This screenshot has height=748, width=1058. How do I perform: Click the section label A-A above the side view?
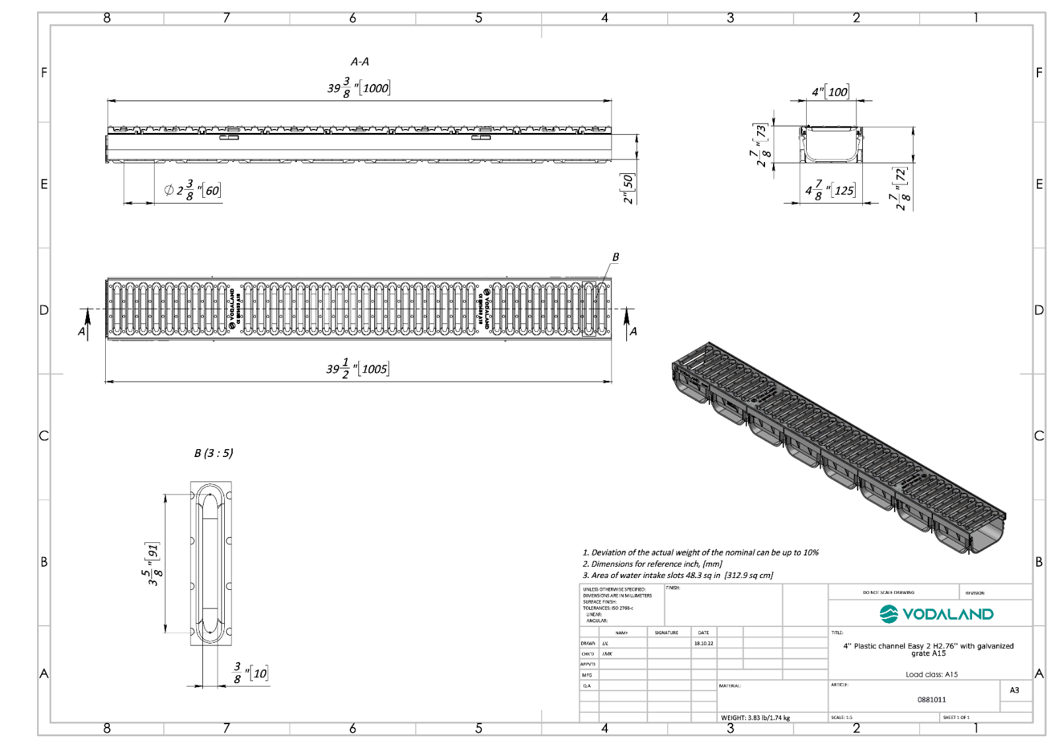(360, 62)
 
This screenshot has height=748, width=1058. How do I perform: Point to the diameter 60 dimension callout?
(192, 190)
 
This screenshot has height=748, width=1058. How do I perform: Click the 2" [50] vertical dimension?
(628, 188)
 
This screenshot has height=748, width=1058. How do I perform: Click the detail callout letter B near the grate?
(616, 257)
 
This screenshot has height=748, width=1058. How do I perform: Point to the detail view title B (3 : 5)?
(214, 453)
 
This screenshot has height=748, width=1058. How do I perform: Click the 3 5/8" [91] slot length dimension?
(153, 563)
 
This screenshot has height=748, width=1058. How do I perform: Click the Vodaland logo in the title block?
(936, 614)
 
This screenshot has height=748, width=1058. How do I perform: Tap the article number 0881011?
(931, 699)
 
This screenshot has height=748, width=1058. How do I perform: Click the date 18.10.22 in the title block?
(704, 643)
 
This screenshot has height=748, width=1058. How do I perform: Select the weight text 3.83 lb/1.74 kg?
(755, 718)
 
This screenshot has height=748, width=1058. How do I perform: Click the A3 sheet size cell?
(1014, 690)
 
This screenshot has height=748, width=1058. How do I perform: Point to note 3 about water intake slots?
(678, 575)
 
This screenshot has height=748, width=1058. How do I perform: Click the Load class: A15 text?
(931, 675)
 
